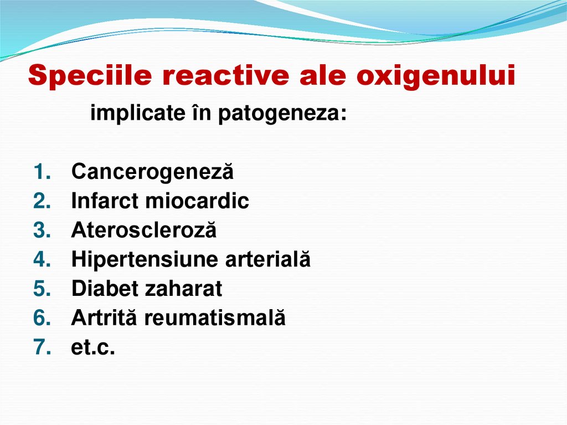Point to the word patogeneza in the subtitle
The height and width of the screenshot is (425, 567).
click(x=284, y=114)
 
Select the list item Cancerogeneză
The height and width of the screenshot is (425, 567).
click(x=152, y=172)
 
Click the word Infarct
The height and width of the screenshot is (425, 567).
click(x=105, y=201)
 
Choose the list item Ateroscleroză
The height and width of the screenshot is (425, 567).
click(x=144, y=231)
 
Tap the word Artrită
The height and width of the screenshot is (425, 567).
click(x=104, y=318)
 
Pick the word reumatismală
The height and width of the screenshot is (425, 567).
click(x=215, y=318)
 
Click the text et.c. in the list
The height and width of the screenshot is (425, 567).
click(x=93, y=347)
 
